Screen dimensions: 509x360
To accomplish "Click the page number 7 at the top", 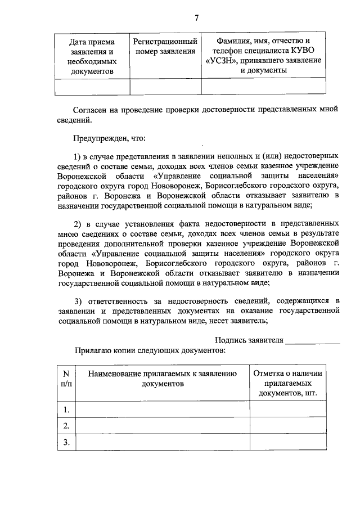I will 197,17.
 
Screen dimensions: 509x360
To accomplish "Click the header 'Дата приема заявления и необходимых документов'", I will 92,56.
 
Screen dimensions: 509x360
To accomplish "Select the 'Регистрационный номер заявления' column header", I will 165,46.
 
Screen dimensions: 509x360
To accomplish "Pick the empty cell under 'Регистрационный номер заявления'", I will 165,87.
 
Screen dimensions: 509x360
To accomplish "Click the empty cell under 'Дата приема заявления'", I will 92,87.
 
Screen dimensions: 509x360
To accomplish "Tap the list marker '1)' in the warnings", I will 79,155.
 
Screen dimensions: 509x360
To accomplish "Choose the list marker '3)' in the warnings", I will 79,300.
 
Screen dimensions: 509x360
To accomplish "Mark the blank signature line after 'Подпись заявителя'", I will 313,341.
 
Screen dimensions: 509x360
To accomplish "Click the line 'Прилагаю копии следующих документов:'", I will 150,350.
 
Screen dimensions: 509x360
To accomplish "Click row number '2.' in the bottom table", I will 66,425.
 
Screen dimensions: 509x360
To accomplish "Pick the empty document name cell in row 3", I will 163,442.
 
